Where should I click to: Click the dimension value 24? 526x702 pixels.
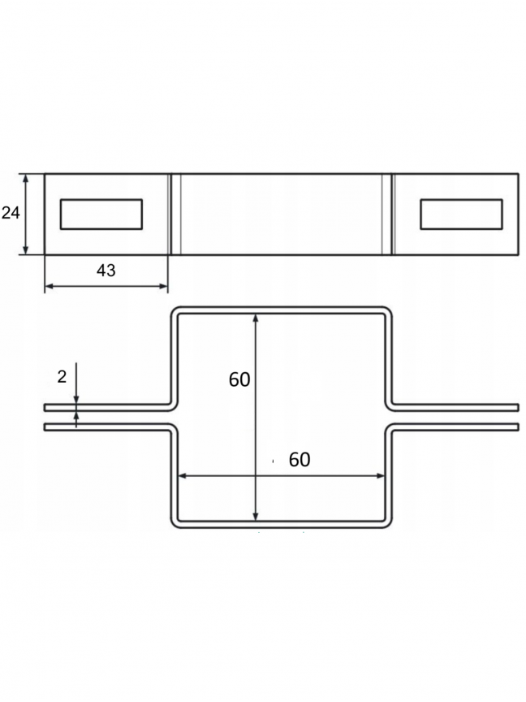[11, 213]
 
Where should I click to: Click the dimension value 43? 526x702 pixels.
[106, 271]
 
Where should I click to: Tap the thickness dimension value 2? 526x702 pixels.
[62, 377]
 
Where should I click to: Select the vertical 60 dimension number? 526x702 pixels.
[239, 379]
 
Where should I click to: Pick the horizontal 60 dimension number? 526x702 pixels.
[300, 460]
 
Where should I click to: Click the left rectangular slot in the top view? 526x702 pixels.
[101, 214]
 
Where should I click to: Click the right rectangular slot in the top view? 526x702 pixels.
[461, 214]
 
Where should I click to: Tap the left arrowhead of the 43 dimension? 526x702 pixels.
[49, 286]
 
